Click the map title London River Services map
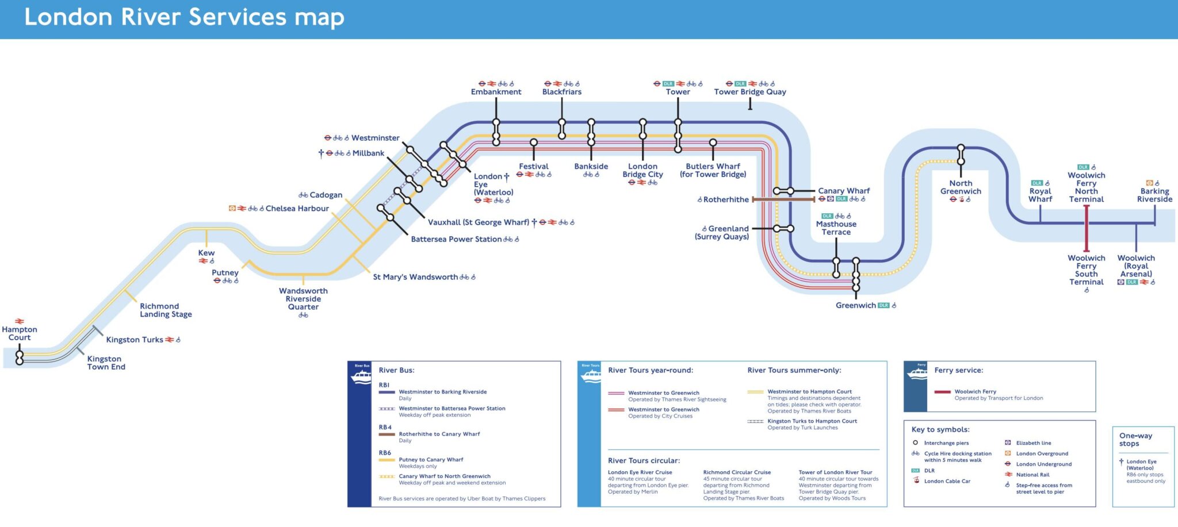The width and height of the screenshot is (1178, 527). (184, 17)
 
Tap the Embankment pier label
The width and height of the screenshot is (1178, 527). (496, 92)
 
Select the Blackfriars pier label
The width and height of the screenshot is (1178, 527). (561, 92)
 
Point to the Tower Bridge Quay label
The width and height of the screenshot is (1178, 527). (749, 92)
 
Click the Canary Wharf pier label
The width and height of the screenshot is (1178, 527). (844, 191)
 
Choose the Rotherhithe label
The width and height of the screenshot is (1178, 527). (726, 199)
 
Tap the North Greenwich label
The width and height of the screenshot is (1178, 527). (961, 187)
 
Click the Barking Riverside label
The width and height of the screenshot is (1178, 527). (1154, 195)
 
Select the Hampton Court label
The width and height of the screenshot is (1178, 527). (20, 333)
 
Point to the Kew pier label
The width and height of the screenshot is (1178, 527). (206, 253)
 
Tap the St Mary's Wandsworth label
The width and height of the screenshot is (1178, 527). (415, 277)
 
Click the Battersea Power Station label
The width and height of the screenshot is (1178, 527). (456, 239)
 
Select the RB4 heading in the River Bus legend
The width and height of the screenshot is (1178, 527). (385, 428)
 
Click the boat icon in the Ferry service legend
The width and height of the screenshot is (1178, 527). (916, 374)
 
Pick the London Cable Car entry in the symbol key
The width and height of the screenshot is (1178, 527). (947, 481)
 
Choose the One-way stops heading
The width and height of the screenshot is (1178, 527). (1135, 440)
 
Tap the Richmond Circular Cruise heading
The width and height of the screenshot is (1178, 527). (737, 472)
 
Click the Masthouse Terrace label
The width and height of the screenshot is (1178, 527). (836, 228)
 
